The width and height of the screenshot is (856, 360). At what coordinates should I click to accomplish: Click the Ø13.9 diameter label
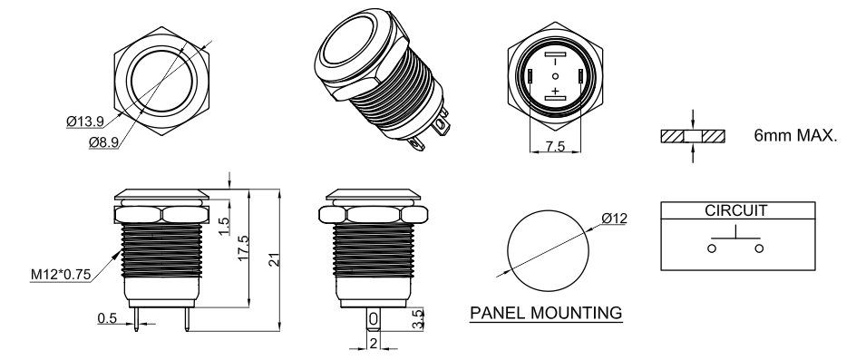pyautogui.click(x=85, y=122)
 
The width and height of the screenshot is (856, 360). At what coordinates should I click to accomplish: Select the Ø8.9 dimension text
pyautogui.click(x=103, y=142)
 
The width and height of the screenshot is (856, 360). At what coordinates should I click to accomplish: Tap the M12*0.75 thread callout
pyautogui.click(x=60, y=275)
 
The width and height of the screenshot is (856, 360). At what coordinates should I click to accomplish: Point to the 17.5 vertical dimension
pyautogui.click(x=244, y=248)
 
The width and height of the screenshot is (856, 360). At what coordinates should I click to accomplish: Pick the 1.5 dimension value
pyautogui.click(x=224, y=226)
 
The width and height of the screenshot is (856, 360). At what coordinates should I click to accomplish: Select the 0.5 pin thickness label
pyautogui.click(x=108, y=318)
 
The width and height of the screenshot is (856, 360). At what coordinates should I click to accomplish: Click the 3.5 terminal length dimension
pyautogui.click(x=418, y=318)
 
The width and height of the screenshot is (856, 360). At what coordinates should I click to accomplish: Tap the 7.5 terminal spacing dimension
pyautogui.click(x=555, y=146)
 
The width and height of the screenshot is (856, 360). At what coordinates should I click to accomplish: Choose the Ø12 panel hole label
pyautogui.click(x=614, y=219)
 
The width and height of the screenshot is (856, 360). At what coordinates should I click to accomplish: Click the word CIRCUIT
pyautogui.click(x=736, y=210)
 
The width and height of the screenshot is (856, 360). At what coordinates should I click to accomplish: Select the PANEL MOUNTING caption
pyautogui.click(x=546, y=313)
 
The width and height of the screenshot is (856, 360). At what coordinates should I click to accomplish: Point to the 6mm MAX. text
pyautogui.click(x=795, y=135)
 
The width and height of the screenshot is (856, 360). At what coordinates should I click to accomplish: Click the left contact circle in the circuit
pyautogui.click(x=712, y=248)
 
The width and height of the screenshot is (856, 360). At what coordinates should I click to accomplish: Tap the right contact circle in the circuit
pyautogui.click(x=759, y=248)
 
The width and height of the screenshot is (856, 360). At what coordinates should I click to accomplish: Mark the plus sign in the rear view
pyautogui.click(x=556, y=90)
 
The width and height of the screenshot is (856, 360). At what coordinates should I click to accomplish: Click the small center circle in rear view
pyautogui.click(x=556, y=76)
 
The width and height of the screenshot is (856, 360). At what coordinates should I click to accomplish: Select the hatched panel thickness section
pyautogui.click(x=693, y=136)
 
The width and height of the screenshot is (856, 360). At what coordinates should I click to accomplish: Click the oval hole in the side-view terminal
pyautogui.click(x=373, y=318)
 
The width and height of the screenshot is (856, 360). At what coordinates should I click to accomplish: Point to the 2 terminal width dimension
pyautogui.click(x=374, y=344)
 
